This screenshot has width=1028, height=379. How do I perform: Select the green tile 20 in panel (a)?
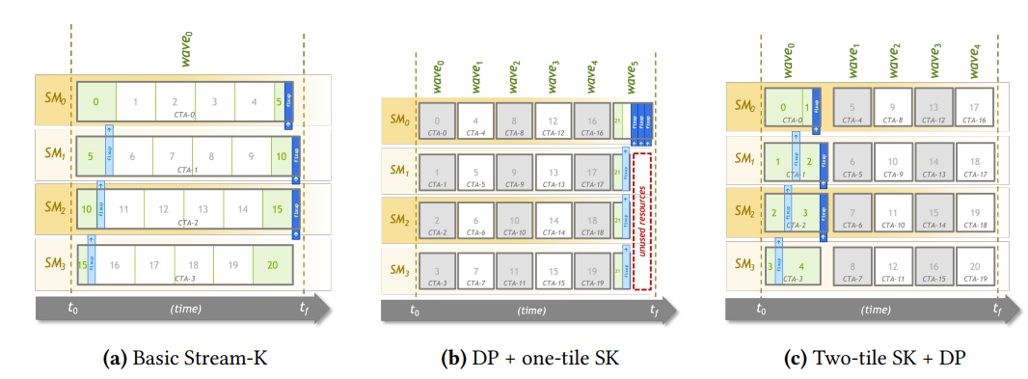273,264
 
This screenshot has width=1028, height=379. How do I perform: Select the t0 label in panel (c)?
761,311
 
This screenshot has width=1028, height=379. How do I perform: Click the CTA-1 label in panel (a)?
189,171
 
